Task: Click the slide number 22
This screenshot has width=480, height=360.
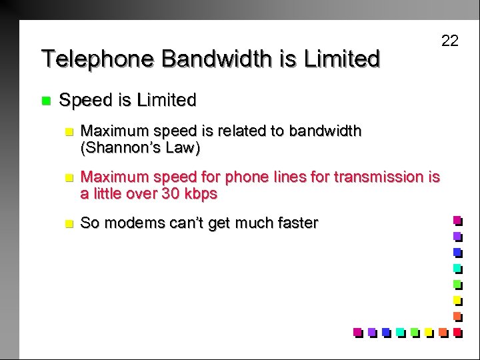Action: pyautogui.click(x=450, y=41)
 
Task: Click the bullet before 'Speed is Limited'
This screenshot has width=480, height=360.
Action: pyautogui.click(x=45, y=101)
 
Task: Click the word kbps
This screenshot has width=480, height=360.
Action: pyautogui.click(x=202, y=195)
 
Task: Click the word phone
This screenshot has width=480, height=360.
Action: pyautogui.click(x=244, y=177)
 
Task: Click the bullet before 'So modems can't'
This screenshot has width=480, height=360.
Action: pyautogui.click(x=65, y=223)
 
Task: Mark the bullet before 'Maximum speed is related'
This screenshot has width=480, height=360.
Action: pyautogui.click(x=65, y=131)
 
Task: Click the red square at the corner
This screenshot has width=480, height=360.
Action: pyautogui.click(x=457, y=331)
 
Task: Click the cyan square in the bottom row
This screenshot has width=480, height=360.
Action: pyautogui.click(x=399, y=331)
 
